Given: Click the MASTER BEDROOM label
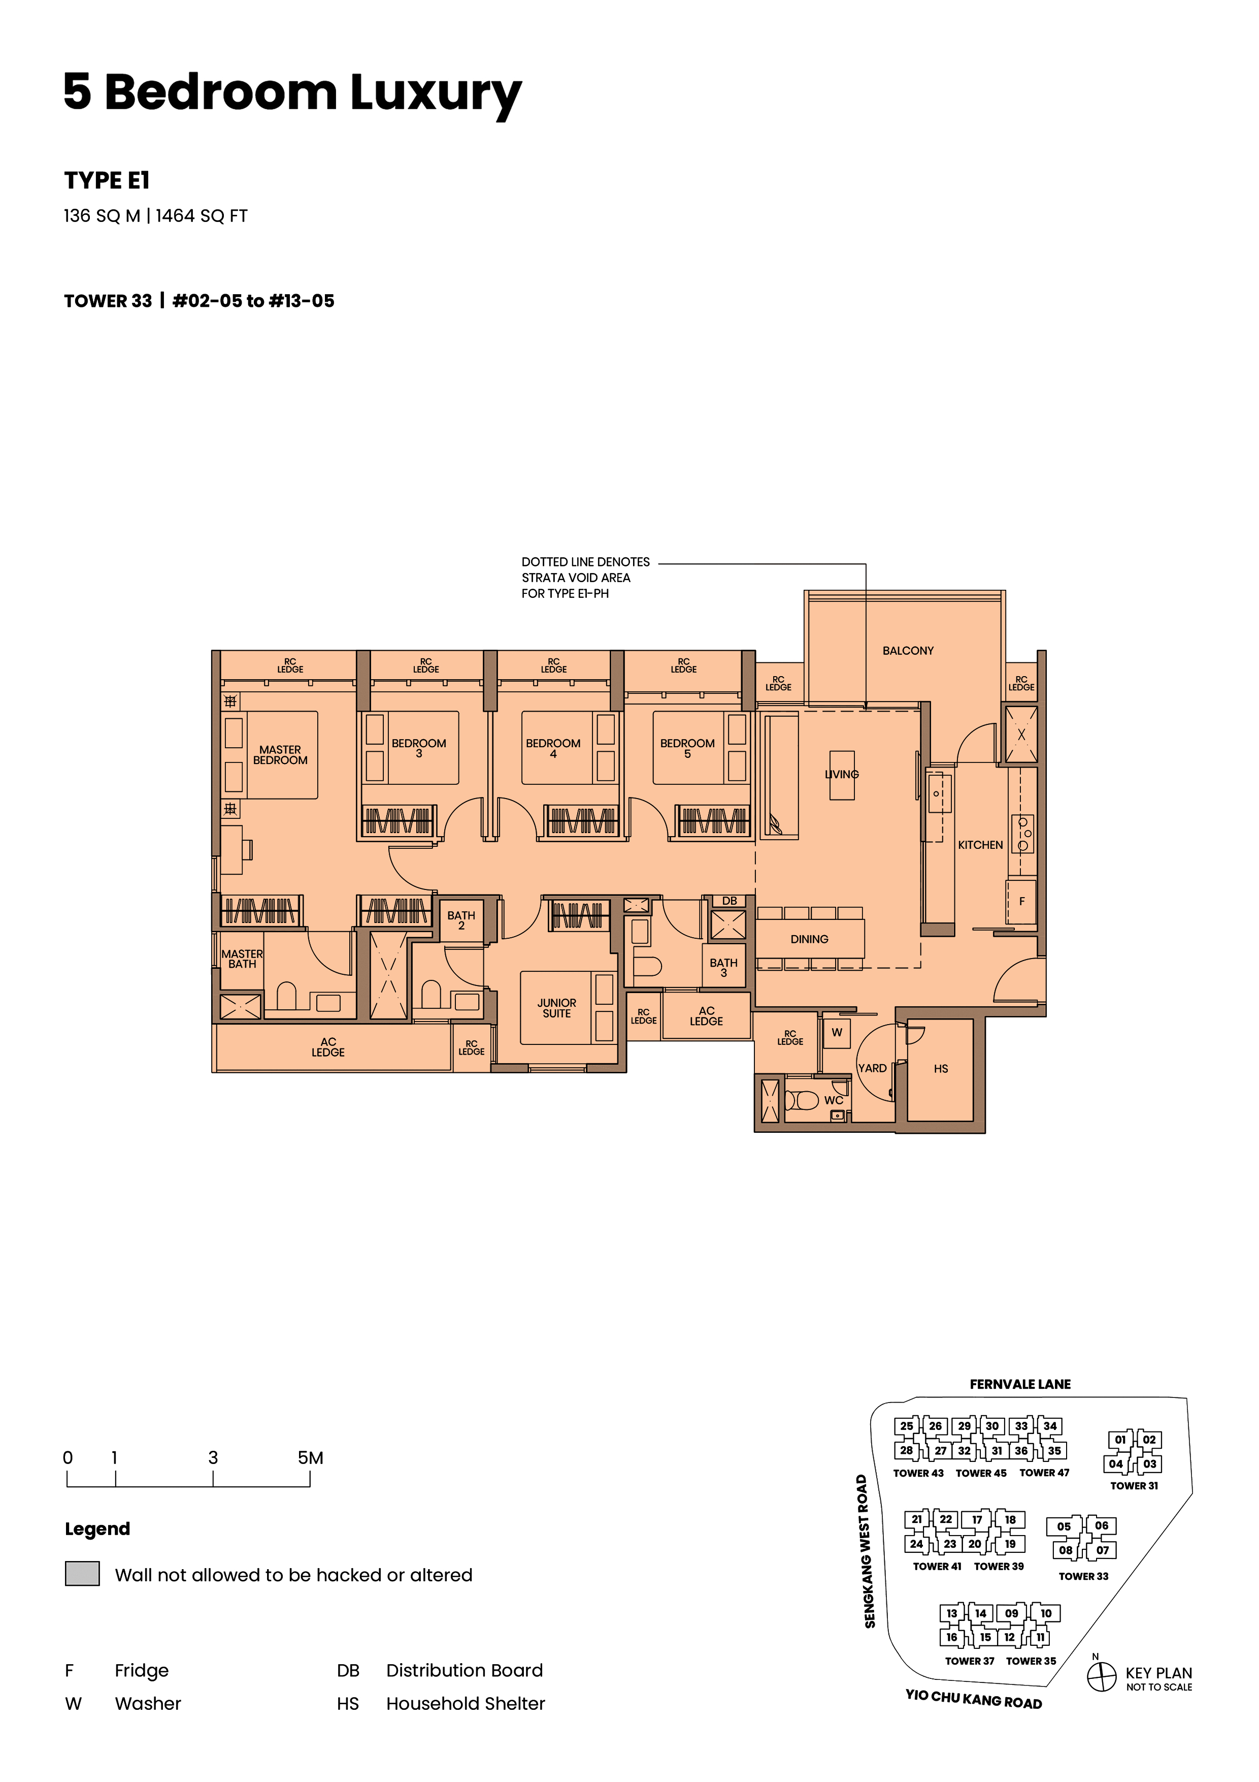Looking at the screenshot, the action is coord(280,755).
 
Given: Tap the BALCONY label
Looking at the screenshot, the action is coord(908,650).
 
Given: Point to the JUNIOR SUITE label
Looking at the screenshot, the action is coord(556,1008).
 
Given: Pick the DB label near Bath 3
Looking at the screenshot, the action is coord(729,901).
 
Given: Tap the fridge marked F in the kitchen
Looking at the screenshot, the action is coord(1021,901).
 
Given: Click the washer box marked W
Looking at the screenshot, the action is coord(836,1033).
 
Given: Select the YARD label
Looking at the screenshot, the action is coord(872,1068).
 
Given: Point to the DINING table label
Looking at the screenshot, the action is coord(809,939).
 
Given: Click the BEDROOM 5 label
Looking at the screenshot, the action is coord(687,748).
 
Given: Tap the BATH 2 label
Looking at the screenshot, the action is coord(461,920).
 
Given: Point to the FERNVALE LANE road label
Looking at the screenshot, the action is coord(1020,1384).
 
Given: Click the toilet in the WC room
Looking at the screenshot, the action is coord(802,1101).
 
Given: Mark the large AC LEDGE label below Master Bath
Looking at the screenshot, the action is coord(328,1047).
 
